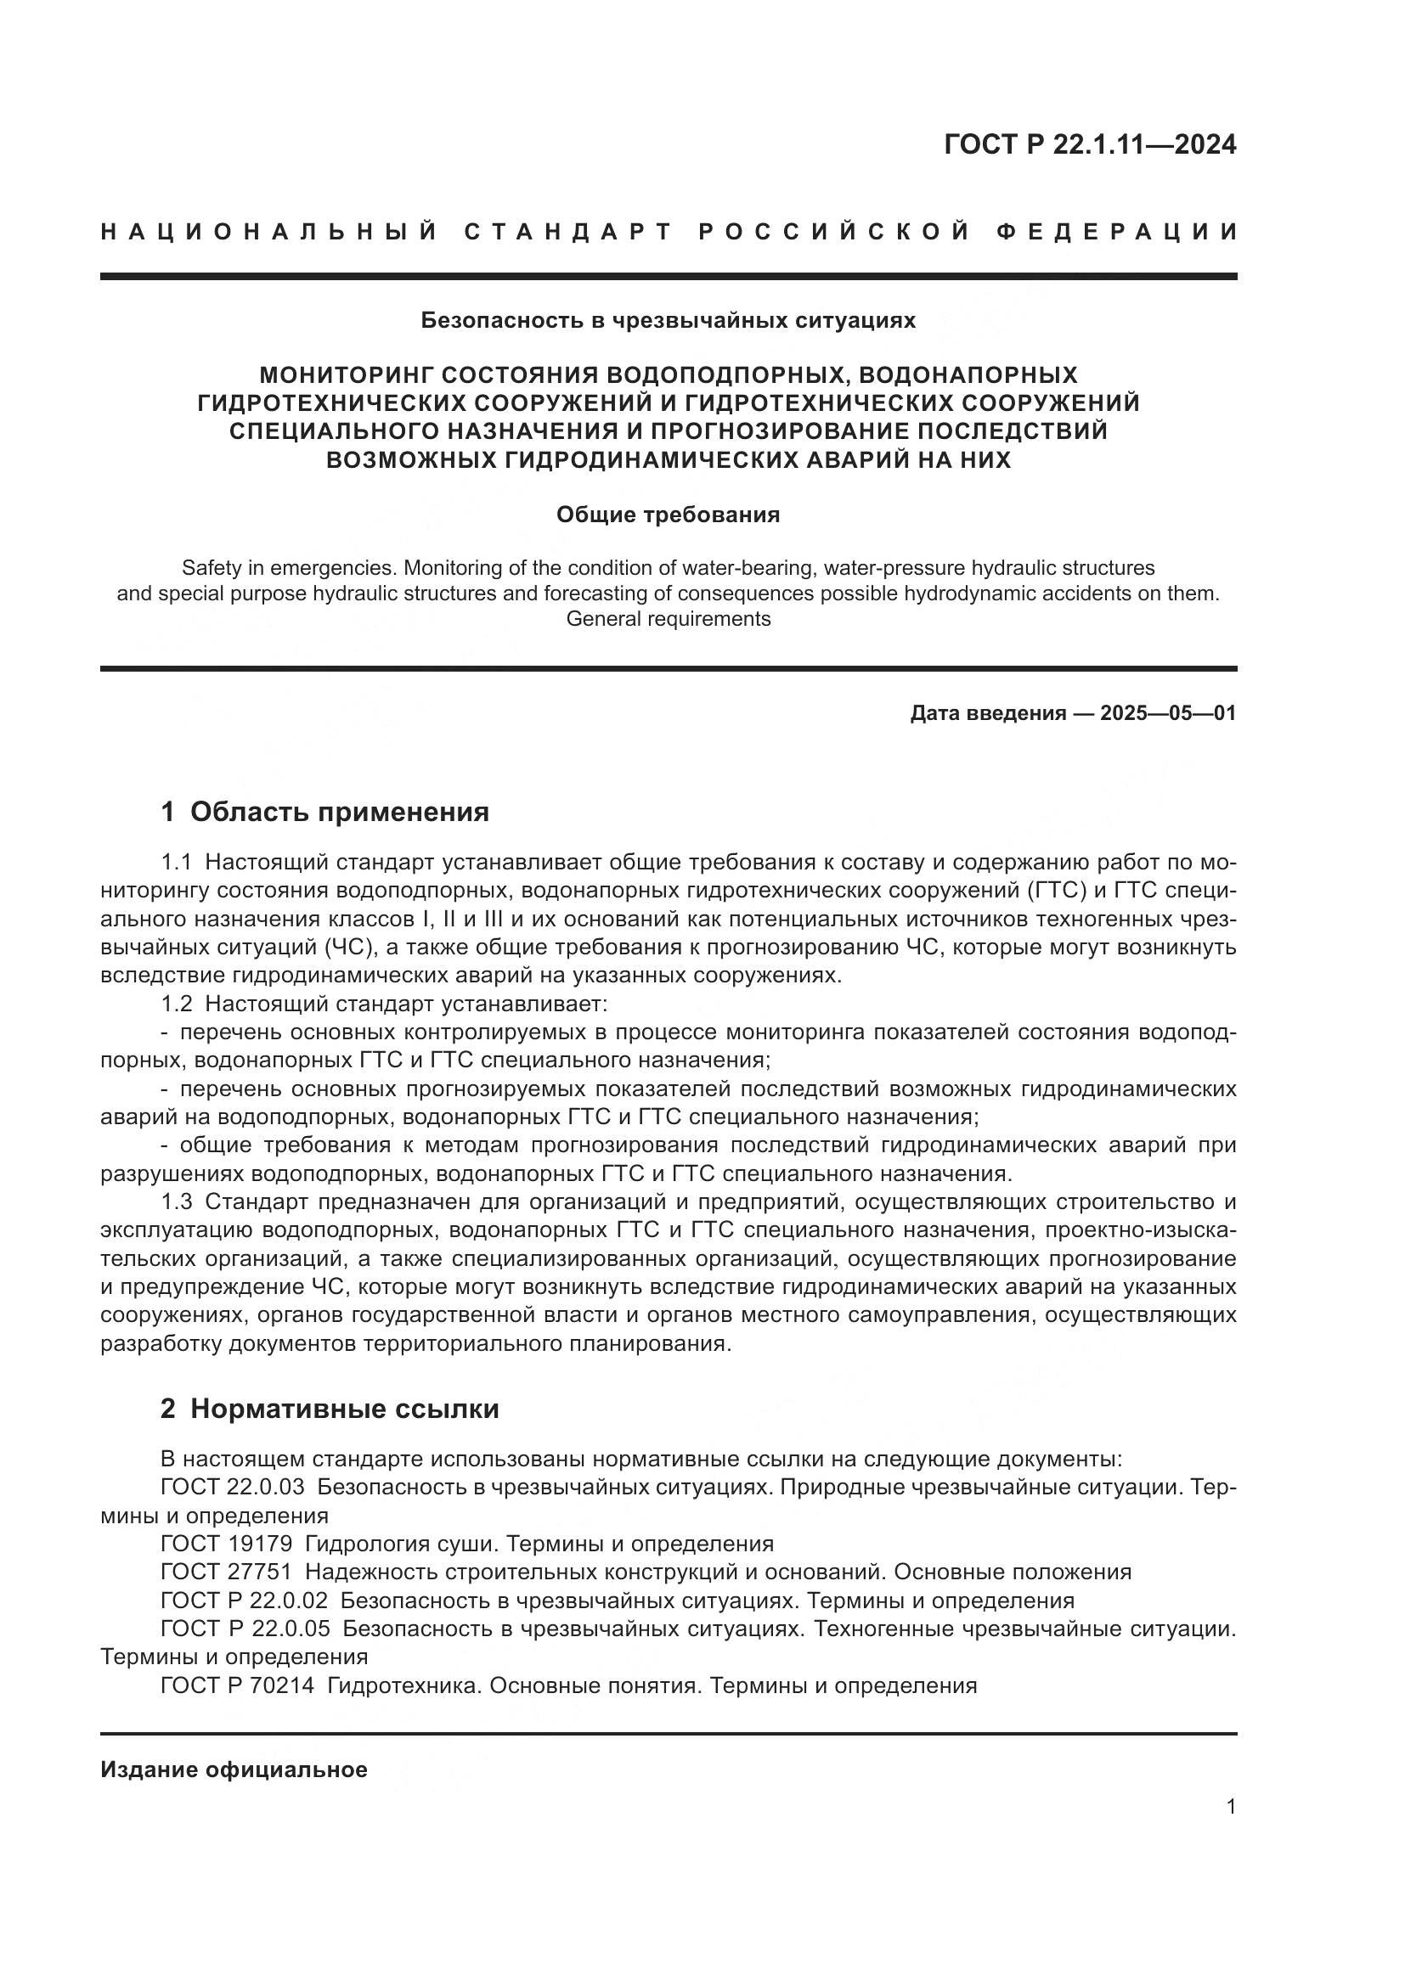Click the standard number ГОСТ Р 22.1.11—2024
[1089, 144]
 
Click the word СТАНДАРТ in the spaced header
[568, 232]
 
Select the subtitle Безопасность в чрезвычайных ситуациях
[668, 321]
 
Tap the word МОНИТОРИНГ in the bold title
[345, 374]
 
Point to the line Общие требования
[668, 515]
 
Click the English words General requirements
[668, 619]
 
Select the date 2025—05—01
[1168, 713]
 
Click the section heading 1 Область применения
[325, 813]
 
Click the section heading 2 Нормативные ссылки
[330, 1409]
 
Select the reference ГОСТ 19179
[227, 1544]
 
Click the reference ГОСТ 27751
[227, 1572]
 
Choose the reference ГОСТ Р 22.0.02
[245, 1601]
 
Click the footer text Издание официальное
[234, 1769]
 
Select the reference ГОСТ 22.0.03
[233, 1488]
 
